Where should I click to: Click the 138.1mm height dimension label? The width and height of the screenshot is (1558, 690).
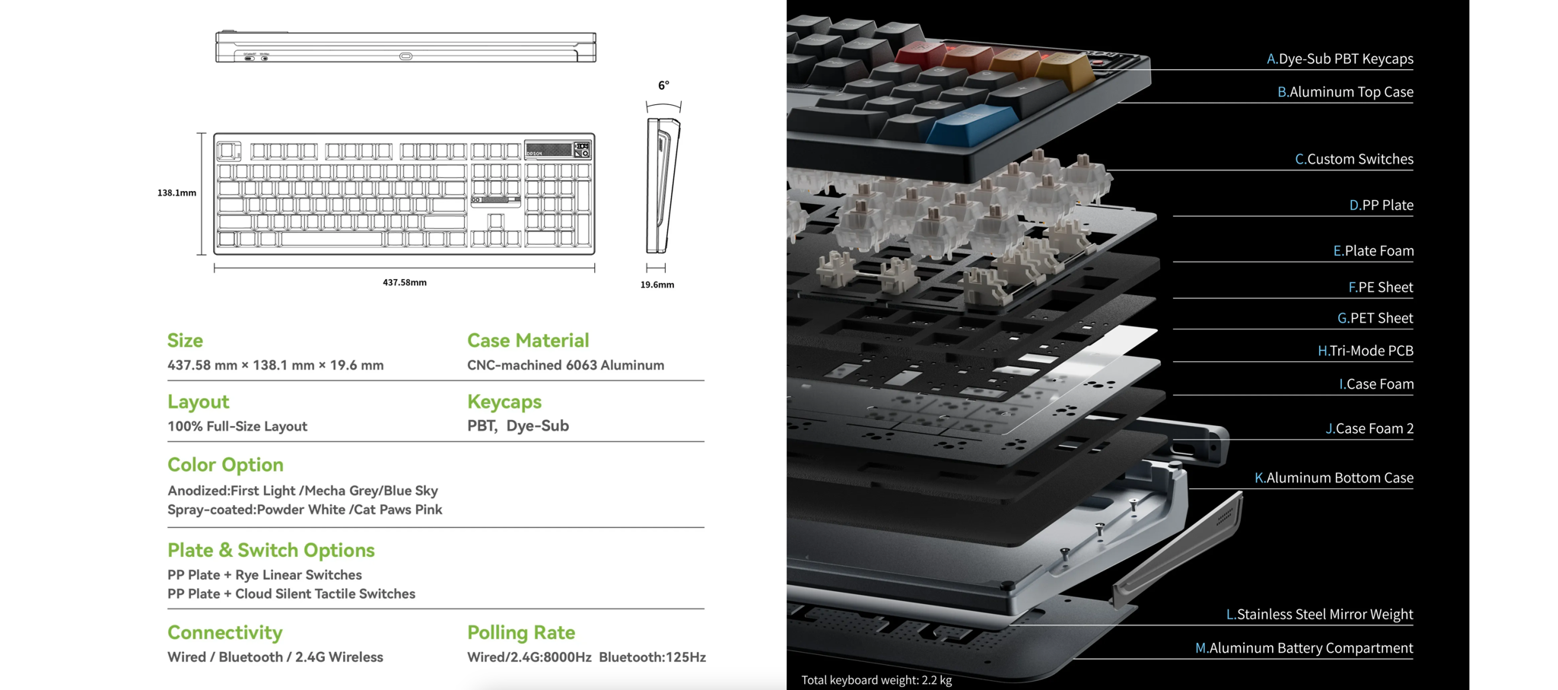tap(176, 193)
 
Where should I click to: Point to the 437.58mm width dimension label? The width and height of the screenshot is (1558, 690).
tap(405, 282)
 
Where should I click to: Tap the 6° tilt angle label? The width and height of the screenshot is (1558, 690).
tap(663, 85)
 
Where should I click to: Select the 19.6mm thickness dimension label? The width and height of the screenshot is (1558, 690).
tap(657, 285)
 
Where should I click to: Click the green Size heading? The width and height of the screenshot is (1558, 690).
tap(185, 340)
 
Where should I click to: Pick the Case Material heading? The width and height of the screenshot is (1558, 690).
tap(528, 340)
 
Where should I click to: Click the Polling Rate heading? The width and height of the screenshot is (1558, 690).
tap(521, 632)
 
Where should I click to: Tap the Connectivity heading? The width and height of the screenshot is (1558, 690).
tap(224, 632)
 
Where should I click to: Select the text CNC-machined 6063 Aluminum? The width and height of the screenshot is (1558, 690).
tap(566, 365)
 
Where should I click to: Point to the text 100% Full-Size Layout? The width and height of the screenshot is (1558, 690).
tap(237, 426)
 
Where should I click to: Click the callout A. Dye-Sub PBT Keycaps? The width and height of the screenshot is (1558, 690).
tap(1340, 59)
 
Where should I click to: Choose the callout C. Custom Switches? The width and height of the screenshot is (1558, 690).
tap(1354, 159)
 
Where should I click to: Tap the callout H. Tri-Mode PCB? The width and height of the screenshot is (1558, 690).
tap(1366, 351)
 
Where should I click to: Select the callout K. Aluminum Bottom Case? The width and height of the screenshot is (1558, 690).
tap(1334, 478)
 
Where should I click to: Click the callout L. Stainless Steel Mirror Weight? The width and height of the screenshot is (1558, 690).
tap(1319, 614)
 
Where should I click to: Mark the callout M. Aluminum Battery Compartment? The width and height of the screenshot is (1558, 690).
tap(1304, 647)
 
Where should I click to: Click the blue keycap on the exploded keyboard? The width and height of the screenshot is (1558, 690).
tap(974, 124)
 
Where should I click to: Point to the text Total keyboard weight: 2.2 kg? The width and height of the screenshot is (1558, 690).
tap(876, 680)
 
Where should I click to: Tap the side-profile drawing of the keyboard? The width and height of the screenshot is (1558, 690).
tap(663, 186)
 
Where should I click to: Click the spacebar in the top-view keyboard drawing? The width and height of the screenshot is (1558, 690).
tap(332, 239)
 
